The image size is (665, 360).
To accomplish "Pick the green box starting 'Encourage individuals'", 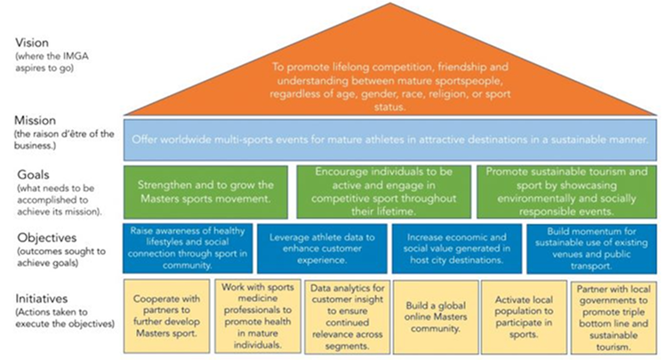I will point(382,190).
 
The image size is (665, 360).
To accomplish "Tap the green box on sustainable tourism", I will point(565,190).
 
